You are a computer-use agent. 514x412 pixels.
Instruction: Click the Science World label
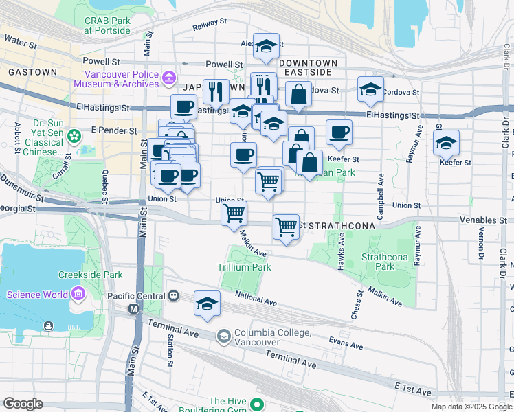pos(37,295)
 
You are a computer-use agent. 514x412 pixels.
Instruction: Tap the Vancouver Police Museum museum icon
pos(169,79)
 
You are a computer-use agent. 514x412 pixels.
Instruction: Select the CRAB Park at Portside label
pos(107,25)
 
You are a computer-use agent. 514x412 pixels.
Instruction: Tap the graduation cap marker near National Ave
pos(208,303)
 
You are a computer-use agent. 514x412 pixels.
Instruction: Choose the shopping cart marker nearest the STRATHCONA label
pos(286,226)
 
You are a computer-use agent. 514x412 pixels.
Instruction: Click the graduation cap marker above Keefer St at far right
pos(446,142)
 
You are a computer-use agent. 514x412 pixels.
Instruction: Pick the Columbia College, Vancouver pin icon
pos(223,336)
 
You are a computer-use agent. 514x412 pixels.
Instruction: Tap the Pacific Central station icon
pos(174,296)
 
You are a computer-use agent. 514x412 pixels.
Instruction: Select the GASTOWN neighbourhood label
pos(33,72)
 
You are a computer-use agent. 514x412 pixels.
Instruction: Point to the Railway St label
pos(210,23)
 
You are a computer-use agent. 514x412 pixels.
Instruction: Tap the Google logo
pos(23,404)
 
